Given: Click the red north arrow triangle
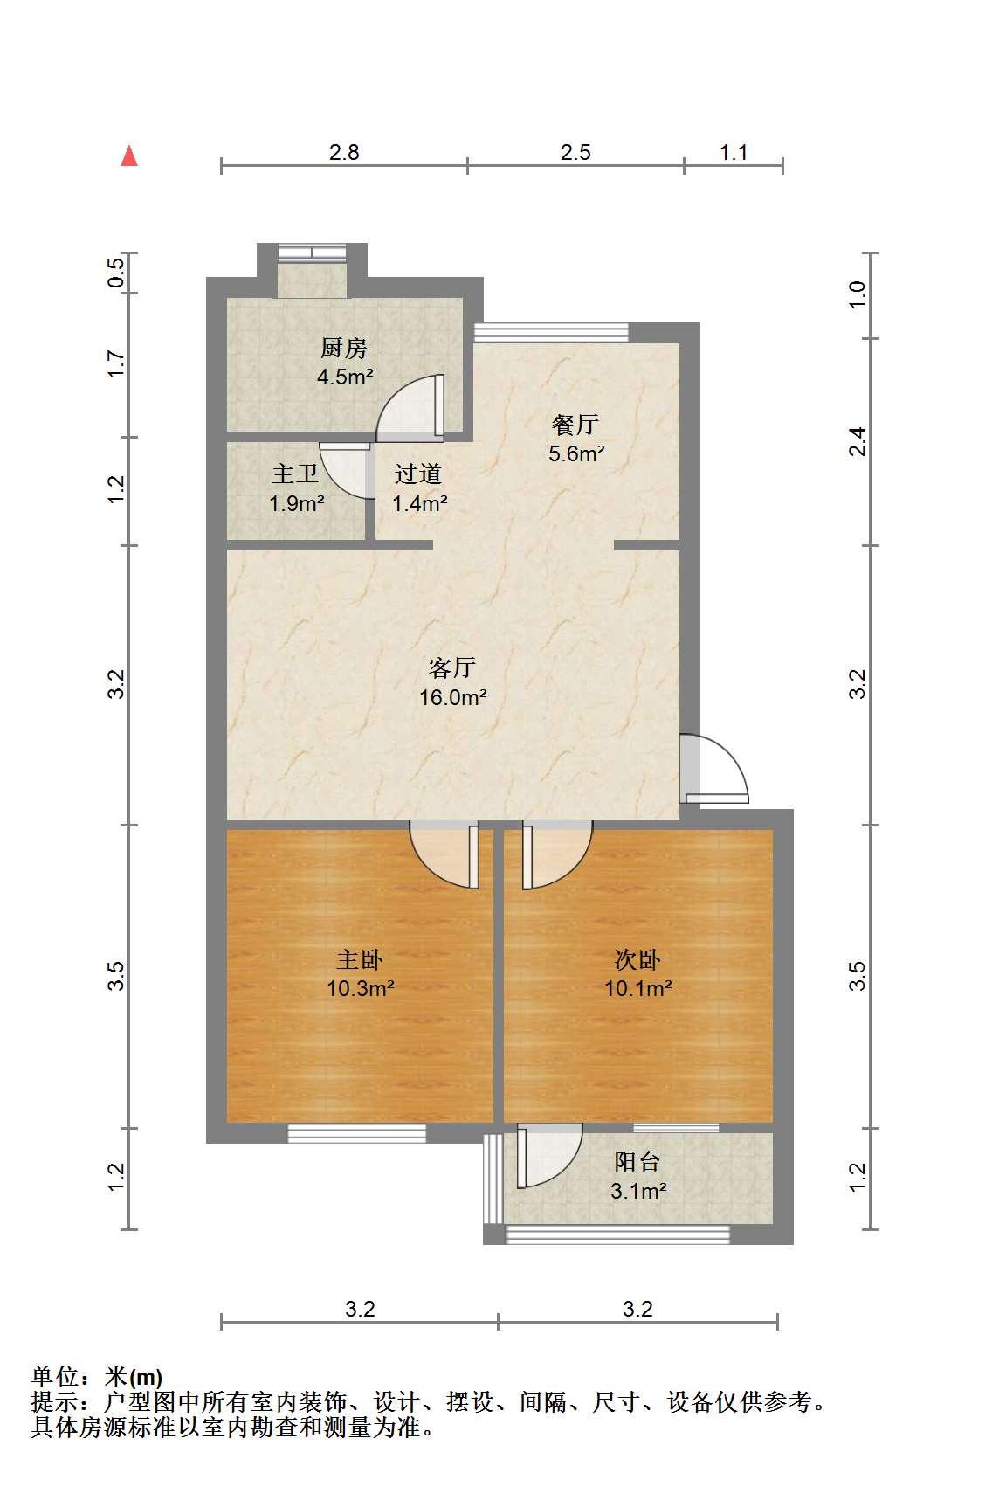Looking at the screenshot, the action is pyautogui.click(x=129, y=156).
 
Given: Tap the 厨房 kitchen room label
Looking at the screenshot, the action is pyautogui.click(x=343, y=348).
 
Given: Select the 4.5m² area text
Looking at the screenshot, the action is pyautogui.click(x=345, y=377).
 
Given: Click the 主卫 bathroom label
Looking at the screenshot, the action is pyautogui.click(x=295, y=474).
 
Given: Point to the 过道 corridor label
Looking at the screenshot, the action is pyautogui.click(x=418, y=474).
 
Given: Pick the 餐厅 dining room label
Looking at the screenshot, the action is pyautogui.click(x=575, y=425).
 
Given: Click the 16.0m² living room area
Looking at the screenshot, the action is pyautogui.click(x=452, y=697).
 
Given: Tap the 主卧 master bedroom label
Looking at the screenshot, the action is pyautogui.click(x=360, y=959).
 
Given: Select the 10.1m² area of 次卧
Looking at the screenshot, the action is pyautogui.click(x=637, y=988).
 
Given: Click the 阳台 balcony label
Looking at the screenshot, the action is pyautogui.click(x=637, y=1162).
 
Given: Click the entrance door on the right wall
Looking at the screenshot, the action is pyautogui.click(x=714, y=769).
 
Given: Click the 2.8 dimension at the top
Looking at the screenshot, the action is pyautogui.click(x=344, y=153).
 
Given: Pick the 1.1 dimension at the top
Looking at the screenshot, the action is pyautogui.click(x=734, y=153).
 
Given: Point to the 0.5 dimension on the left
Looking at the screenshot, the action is pyautogui.click(x=116, y=273).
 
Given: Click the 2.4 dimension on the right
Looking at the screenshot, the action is pyautogui.click(x=857, y=442).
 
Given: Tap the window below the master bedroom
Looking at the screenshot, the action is pyautogui.click(x=357, y=1133).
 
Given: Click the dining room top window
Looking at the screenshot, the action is pyautogui.click(x=551, y=333).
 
